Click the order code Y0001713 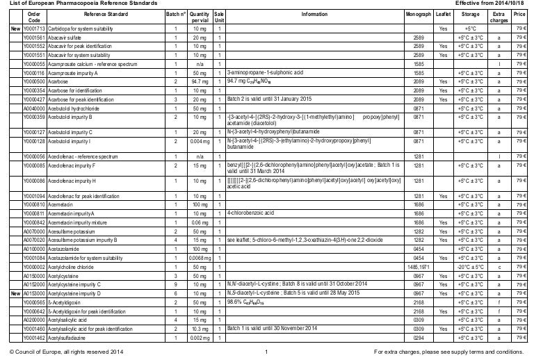(x=34, y=28)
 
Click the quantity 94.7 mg (x=199, y=81)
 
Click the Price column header (x=518, y=13)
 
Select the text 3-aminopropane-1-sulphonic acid (x=262, y=72)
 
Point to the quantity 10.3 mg (x=199, y=328)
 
